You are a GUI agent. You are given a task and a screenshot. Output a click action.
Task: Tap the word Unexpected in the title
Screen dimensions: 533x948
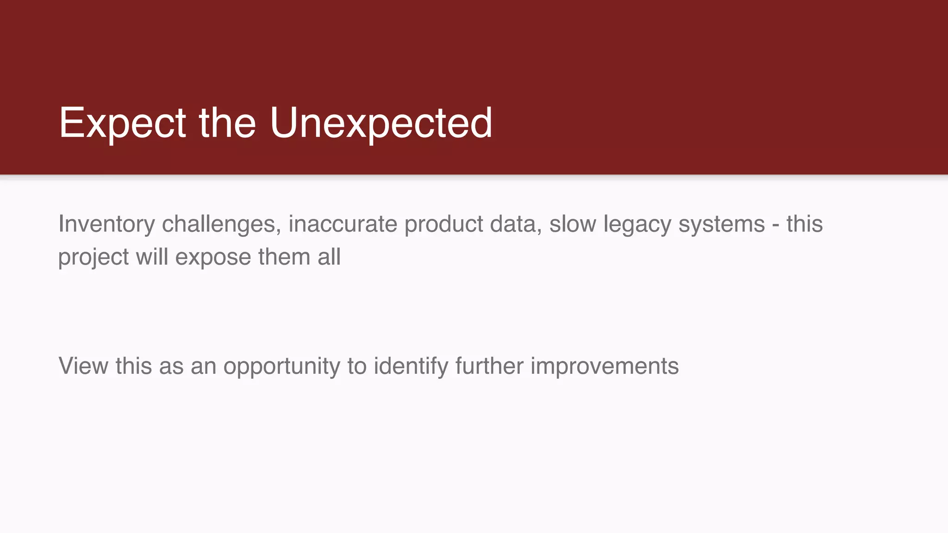pos(381,123)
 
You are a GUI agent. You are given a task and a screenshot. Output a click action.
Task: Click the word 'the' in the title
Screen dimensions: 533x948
pos(227,123)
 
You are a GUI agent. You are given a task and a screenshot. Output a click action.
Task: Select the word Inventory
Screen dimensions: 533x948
pos(106,225)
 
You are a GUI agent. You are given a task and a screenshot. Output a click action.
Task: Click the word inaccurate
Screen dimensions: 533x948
pos(343,225)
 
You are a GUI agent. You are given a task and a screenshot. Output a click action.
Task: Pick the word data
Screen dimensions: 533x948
pos(516,225)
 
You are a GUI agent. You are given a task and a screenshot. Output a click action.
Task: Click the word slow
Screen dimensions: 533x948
pos(572,225)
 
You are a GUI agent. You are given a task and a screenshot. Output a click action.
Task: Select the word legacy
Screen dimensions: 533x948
pos(636,225)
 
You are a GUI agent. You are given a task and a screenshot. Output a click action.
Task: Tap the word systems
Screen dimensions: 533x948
pos(721,225)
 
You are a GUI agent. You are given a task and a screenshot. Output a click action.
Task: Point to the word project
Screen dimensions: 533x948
pos(93,258)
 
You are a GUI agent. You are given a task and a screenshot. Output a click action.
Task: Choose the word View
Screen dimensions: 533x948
pos(83,366)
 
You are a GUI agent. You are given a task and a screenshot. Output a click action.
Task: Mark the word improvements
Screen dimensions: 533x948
pos(604,366)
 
